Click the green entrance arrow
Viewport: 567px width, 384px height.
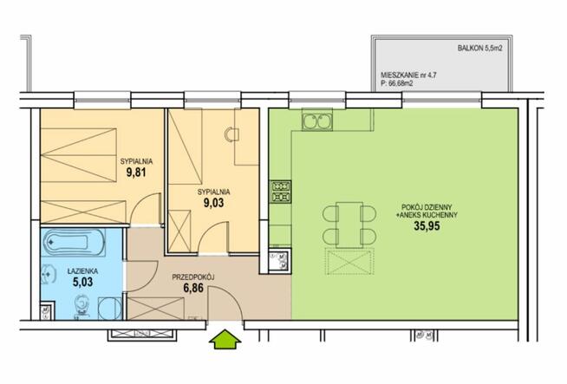(x=225, y=339)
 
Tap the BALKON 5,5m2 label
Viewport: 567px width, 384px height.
(x=479, y=48)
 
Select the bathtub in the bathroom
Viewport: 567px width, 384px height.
(x=74, y=242)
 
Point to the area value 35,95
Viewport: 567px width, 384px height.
(x=427, y=226)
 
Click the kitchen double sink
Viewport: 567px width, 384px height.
(x=317, y=121)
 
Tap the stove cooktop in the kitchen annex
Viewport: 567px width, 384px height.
(x=281, y=192)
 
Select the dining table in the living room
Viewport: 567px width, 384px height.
(x=349, y=225)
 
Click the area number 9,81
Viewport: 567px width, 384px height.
(x=136, y=172)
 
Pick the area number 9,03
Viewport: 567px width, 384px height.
(x=214, y=203)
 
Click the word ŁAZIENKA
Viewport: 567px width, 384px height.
(x=83, y=270)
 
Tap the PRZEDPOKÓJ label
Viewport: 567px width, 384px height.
(x=193, y=277)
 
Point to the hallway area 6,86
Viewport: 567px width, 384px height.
(x=193, y=288)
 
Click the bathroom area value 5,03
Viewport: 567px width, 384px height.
(x=83, y=282)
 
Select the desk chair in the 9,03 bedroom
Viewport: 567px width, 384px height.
(x=231, y=134)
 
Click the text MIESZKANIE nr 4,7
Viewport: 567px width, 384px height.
(x=408, y=75)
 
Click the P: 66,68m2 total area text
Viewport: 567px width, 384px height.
(x=397, y=83)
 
